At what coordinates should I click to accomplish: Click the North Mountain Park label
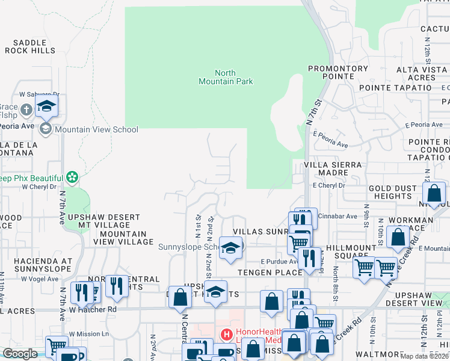pyautogui.click(x=226, y=77)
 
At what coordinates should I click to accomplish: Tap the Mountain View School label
pyautogui.click(x=96, y=129)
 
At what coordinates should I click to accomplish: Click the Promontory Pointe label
pyautogui.click(x=338, y=72)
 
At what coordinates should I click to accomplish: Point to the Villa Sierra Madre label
pyautogui.click(x=333, y=168)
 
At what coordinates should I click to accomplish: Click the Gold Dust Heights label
pyautogui.click(x=392, y=192)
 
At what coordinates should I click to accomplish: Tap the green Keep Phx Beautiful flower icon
pyautogui.click(x=72, y=177)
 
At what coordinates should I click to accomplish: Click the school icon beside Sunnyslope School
pyautogui.click(x=230, y=248)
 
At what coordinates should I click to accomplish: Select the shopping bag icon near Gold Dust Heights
pyautogui.click(x=434, y=193)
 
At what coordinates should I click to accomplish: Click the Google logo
pyautogui.click(x=19, y=354)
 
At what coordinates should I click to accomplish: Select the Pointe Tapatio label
pyautogui.click(x=395, y=88)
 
